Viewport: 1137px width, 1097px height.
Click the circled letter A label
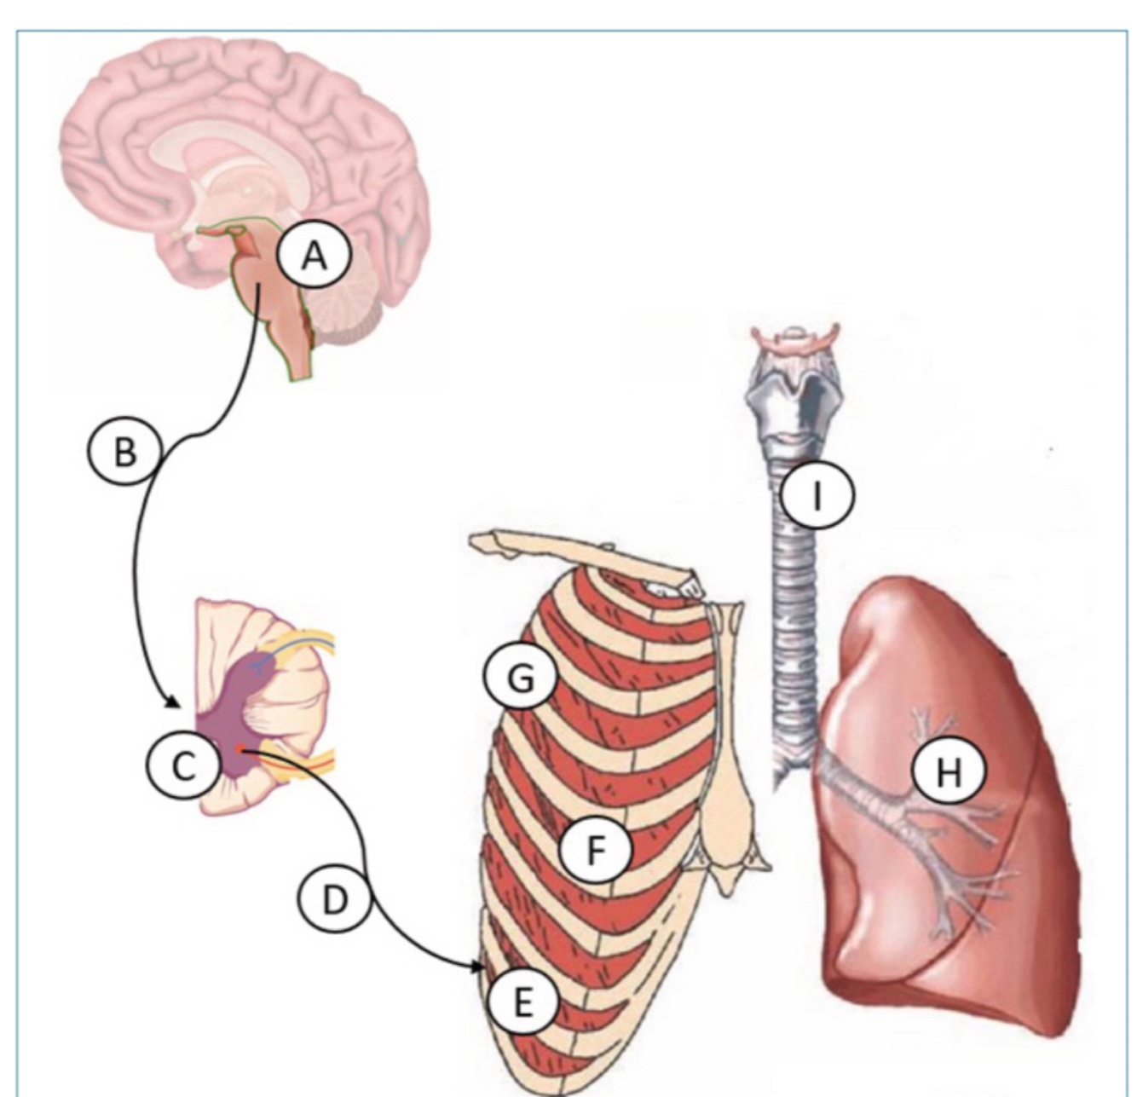[x=315, y=254]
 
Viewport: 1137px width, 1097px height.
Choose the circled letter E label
[x=522, y=1002]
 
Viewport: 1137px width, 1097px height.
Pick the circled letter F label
[x=595, y=849]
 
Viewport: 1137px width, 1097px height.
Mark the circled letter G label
[x=521, y=678]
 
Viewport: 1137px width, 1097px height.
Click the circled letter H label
[x=948, y=772]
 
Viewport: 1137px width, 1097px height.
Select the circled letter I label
[x=817, y=494]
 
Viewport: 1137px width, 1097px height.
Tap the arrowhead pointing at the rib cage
[x=477, y=967]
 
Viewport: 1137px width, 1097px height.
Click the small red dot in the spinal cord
[x=240, y=749]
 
